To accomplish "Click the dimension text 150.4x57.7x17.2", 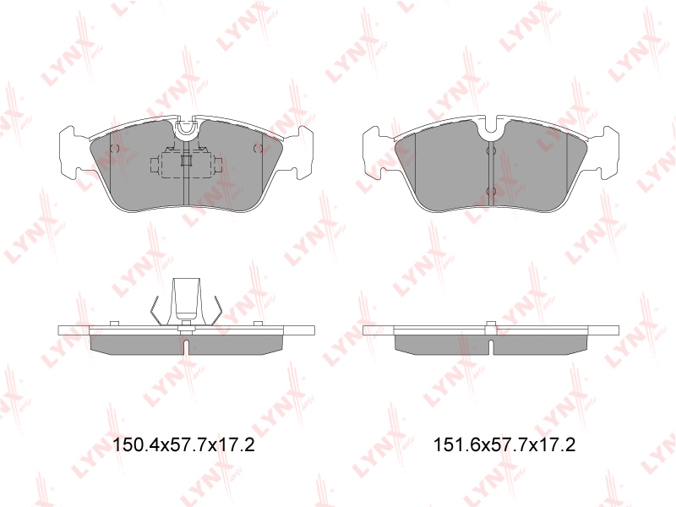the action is point(183,444).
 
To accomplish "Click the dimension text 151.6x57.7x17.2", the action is point(504,444).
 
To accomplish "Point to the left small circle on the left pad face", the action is point(114,149).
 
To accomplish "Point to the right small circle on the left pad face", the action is point(258,149).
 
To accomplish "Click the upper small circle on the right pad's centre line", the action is point(491,151).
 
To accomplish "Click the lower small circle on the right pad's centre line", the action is point(491,192).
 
